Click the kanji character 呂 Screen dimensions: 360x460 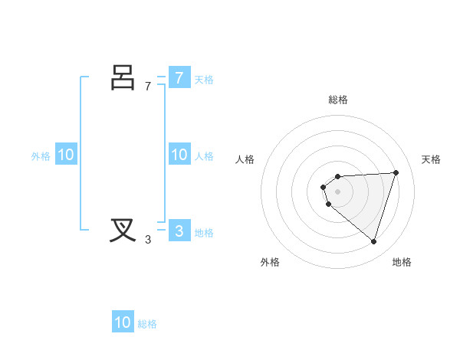(123, 78)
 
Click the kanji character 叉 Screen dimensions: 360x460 (123, 230)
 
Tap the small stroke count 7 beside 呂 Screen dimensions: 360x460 (148, 87)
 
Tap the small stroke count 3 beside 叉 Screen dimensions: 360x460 (148, 240)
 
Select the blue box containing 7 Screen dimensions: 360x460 (179, 78)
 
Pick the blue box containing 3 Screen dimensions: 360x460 (179, 231)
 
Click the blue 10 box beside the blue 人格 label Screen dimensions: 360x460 (179, 155)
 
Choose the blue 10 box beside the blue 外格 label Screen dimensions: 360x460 (66, 155)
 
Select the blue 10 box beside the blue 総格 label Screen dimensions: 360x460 (123, 322)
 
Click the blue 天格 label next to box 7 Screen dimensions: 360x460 (204, 80)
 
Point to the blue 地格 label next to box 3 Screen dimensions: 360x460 (204, 233)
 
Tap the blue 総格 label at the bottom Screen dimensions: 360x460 (147, 324)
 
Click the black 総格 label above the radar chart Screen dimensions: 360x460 (337, 100)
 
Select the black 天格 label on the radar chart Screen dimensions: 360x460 (432, 159)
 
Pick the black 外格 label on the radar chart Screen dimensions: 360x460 (270, 262)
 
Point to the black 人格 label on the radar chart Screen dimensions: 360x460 (245, 159)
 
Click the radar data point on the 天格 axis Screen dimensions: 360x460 (396, 172)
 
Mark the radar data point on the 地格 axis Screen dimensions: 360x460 (373, 241)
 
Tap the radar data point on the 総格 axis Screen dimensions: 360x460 (337, 176)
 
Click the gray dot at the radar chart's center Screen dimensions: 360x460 (337, 191)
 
